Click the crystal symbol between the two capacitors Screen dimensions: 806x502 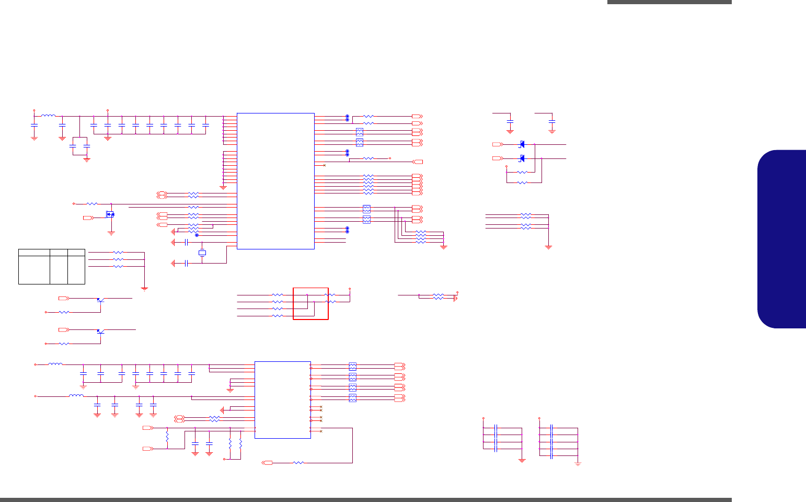pyautogui.click(x=202, y=253)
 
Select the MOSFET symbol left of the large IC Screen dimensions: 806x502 pyautogui.click(x=110, y=214)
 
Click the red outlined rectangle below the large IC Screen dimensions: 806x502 pyautogui.click(x=310, y=303)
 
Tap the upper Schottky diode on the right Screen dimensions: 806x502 pyautogui.click(x=522, y=144)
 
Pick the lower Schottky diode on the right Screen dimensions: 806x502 pyautogui.click(x=522, y=158)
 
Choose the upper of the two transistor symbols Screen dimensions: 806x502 pyautogui.click(x=100, y=300)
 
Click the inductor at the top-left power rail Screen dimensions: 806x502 pyautogui.click(x=49, y=116)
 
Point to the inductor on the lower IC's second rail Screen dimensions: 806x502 pyautogui.click(x=76, y=396)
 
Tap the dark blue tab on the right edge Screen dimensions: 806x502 pyautogui.click(x=782, y=239)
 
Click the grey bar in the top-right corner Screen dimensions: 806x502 pyautogui.click(x=669, y=2)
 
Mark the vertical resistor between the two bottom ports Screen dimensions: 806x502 pyautogui.click(x=167, y=436)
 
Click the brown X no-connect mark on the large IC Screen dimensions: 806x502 pyautogui.click(x=325, y=165)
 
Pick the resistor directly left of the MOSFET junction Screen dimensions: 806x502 pyautogui.click(x=92, y=204)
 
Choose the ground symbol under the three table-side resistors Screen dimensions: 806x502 pyautogui.click(x=144, y=288)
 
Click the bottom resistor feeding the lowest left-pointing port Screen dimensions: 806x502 pyautogui.click(x=298, y=463)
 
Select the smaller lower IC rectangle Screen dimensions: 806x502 pyautogui.click(x=282, y=400)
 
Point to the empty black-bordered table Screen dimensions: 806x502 pyautogui.click(x=52, y=267)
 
